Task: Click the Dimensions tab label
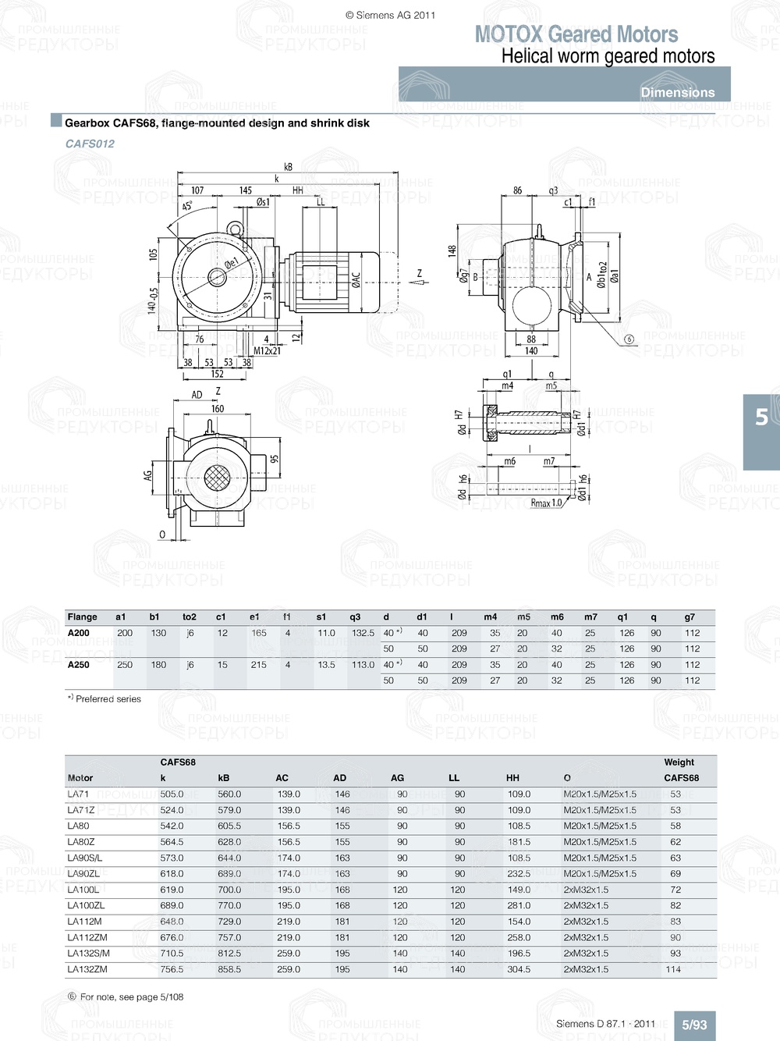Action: [677, 92]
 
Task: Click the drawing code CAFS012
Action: [90, 144]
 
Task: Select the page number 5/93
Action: [694, 1025]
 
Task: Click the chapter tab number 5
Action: [761, 417]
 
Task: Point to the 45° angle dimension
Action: [187, 206]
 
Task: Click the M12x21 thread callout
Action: [267, 350]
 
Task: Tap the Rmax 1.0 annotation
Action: [546, 503]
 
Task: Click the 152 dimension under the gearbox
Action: [218, 374]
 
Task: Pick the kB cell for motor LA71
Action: [229, 794]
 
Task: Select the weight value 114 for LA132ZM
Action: [673, 969]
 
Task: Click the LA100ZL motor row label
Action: [86, 905]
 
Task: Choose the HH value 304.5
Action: [519, 969]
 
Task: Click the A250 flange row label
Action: [78, 665]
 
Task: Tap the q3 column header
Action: [355, 616]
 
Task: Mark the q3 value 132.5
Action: [363, 633]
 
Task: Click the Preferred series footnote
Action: [105, 699]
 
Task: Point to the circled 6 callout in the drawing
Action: [629, 339]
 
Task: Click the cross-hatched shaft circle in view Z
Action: [216, 478]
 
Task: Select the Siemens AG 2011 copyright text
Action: [390, 15]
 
